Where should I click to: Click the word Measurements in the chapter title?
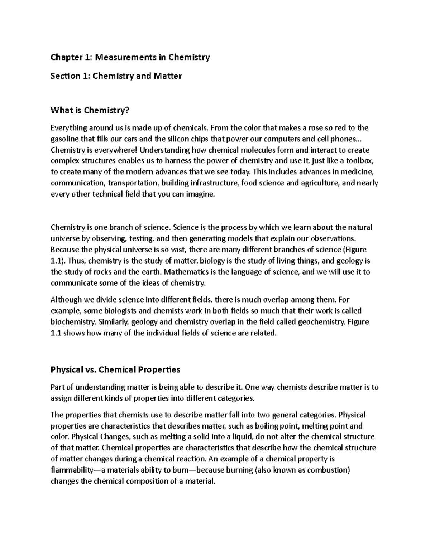[120, 57]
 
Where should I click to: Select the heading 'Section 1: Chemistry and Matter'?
[116, 76]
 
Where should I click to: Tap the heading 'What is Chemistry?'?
[89, 111]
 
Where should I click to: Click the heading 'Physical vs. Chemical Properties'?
[115, 369]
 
